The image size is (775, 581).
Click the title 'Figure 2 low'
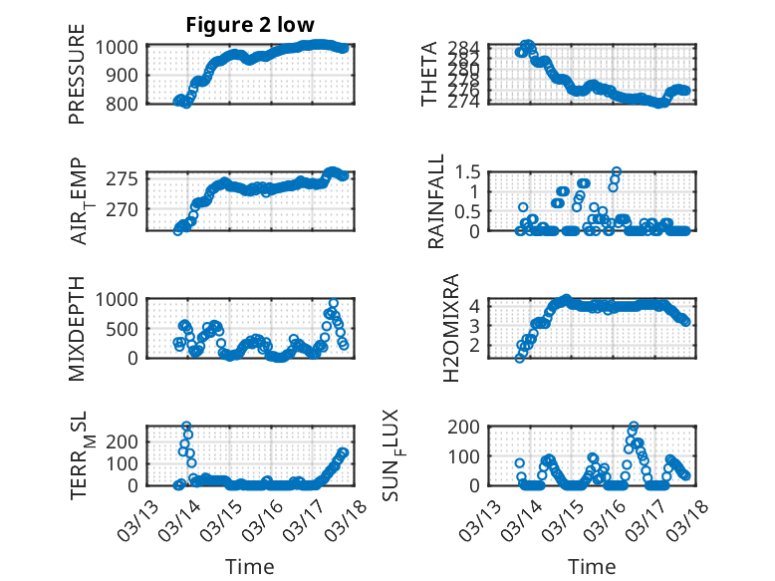pyautogui.click(x=250, y=26)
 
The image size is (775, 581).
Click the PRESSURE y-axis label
pyautogui.click(x=77, y=82)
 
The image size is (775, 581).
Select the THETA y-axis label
pyautogui.click(x=429, y=75)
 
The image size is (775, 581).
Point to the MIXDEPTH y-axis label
pyautogui.click(x=77, y=326)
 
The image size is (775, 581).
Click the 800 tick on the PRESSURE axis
pyautogui.click(x=128, y=103)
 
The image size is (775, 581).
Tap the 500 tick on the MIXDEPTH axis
pyautogui.click(x=128, y=329)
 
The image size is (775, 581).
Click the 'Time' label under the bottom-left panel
pyautogui.click(x=249, y=566)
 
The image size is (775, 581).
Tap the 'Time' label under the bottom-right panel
pyautogui.click(x=592, y=566)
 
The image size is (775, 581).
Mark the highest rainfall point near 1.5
pyautogui.click(x=616, y=171)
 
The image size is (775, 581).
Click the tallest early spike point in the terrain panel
pyautogui.click(x=186, y=427)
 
